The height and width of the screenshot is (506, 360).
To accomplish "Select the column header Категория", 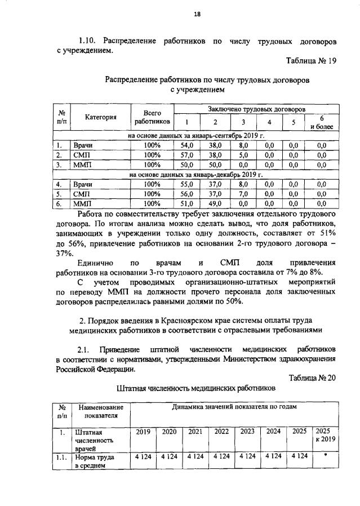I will pos(101,117).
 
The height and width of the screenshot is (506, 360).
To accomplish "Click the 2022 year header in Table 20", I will pos(221,432).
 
